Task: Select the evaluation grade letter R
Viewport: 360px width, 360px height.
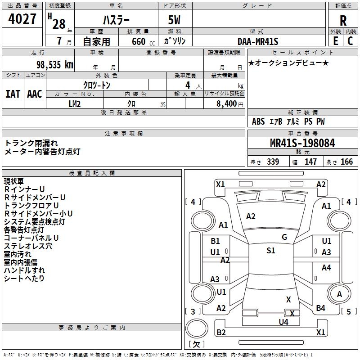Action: [x=343, y=21]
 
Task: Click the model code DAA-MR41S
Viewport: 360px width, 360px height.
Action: [x=258, y=41]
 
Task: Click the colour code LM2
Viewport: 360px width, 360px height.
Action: [x=75, y=104]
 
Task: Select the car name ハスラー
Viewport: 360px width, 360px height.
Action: [x=116, y=21]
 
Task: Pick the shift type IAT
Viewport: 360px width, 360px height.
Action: [x=13, y=94]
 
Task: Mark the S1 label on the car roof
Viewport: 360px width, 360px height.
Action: [x=270, y=251]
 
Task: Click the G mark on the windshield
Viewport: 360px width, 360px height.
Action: [x=284, y=237]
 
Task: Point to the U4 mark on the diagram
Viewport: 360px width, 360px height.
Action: [x=283, y=322]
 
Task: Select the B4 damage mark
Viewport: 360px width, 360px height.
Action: [x=320, y=308]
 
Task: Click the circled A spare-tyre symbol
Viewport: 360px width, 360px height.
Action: [x=340, y=294]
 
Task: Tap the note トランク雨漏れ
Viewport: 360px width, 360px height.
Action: [x=31, y=143]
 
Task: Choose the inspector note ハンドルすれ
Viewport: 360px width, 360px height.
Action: [x=25, y=270]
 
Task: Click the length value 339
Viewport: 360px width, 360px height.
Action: [x=273, y=162]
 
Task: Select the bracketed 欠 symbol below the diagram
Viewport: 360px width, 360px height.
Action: [x=196, y=344]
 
